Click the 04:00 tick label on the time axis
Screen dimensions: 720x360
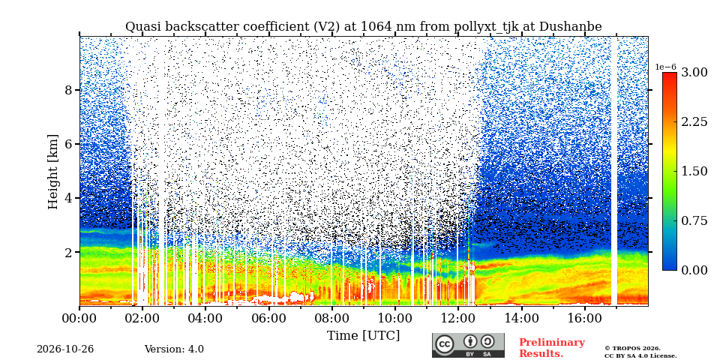pyautogui.click(x=205, y=317)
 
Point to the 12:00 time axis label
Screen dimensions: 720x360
pyautogui.click(x=457, y=317)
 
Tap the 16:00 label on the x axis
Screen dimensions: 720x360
pyautogui.click(x=584, y=317)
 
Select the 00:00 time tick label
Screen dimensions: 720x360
pyautogui.click(x=79, y=317)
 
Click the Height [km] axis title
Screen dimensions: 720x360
pyautogui.click(x=53, y=172)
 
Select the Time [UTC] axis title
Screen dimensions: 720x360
pyautogui.click(x=363, y=336)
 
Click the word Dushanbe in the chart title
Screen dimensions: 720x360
pyautogui.click(x=570, y=27)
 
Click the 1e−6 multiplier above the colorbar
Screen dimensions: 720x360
pyautogui.click(x=666, y=67)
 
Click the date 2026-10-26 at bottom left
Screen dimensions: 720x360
pyautogui.click(x=65, y=349)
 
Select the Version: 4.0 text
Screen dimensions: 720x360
pyautogui.click(x=174, y=349)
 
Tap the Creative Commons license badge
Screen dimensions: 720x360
pyautogui.click(x=468, y=345)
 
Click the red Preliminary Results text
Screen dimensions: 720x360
pyautogui.click(x=552, y=348)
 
